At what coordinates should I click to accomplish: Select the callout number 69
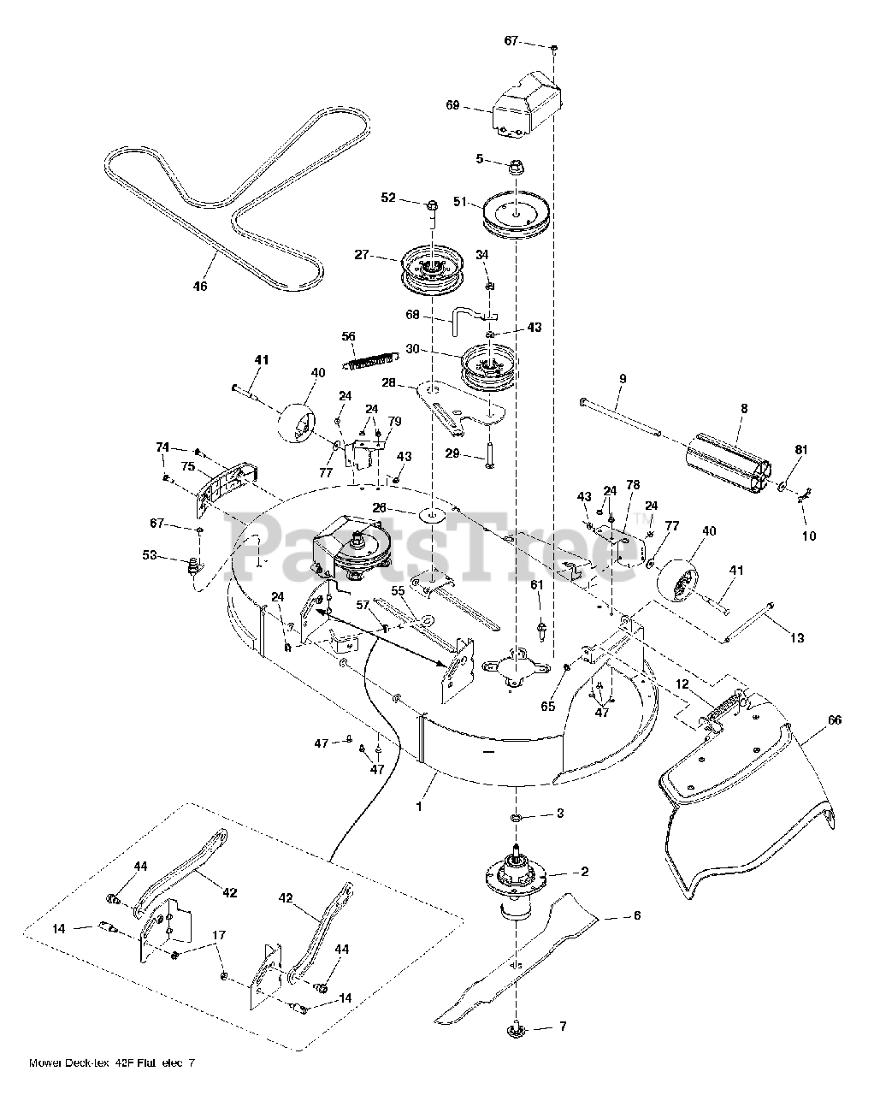tap(453, 105)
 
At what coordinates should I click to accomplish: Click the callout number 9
tap(623, 378)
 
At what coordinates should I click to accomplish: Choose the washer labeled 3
tap(519, 820)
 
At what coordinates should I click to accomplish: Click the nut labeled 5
tap(517, 164)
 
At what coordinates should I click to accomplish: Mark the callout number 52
tap(388, 198)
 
